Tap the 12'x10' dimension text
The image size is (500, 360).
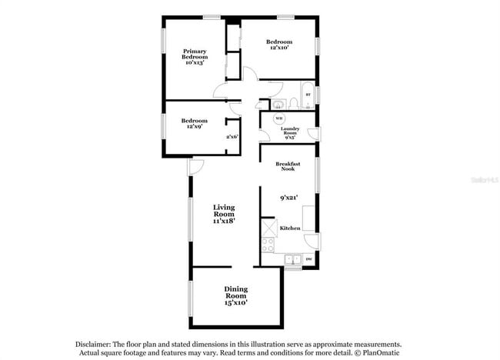pyautogui.click(x=279, y=48)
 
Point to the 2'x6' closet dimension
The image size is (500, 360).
pyautogui.click(x=232, y=137)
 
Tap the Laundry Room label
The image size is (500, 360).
pyautogui.click(x=290, y=132)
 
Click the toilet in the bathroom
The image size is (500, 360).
pyautogui.click(x=276, y=104)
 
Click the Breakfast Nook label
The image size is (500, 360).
pyautogui.click(x=288, y=167)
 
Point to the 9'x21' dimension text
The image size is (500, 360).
pyautogui.click(x=288, y=198)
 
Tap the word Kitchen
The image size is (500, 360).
pyautogui.click(x=289, y=228)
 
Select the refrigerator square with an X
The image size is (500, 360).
pyautogui.click(x=268, y=228)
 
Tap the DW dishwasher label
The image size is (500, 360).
pyautogui.click(x=308, y=258)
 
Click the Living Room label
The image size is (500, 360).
pyautogui.click(x=224, y=213)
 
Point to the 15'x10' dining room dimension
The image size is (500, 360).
pyautogui.click(x=235, y=303)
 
